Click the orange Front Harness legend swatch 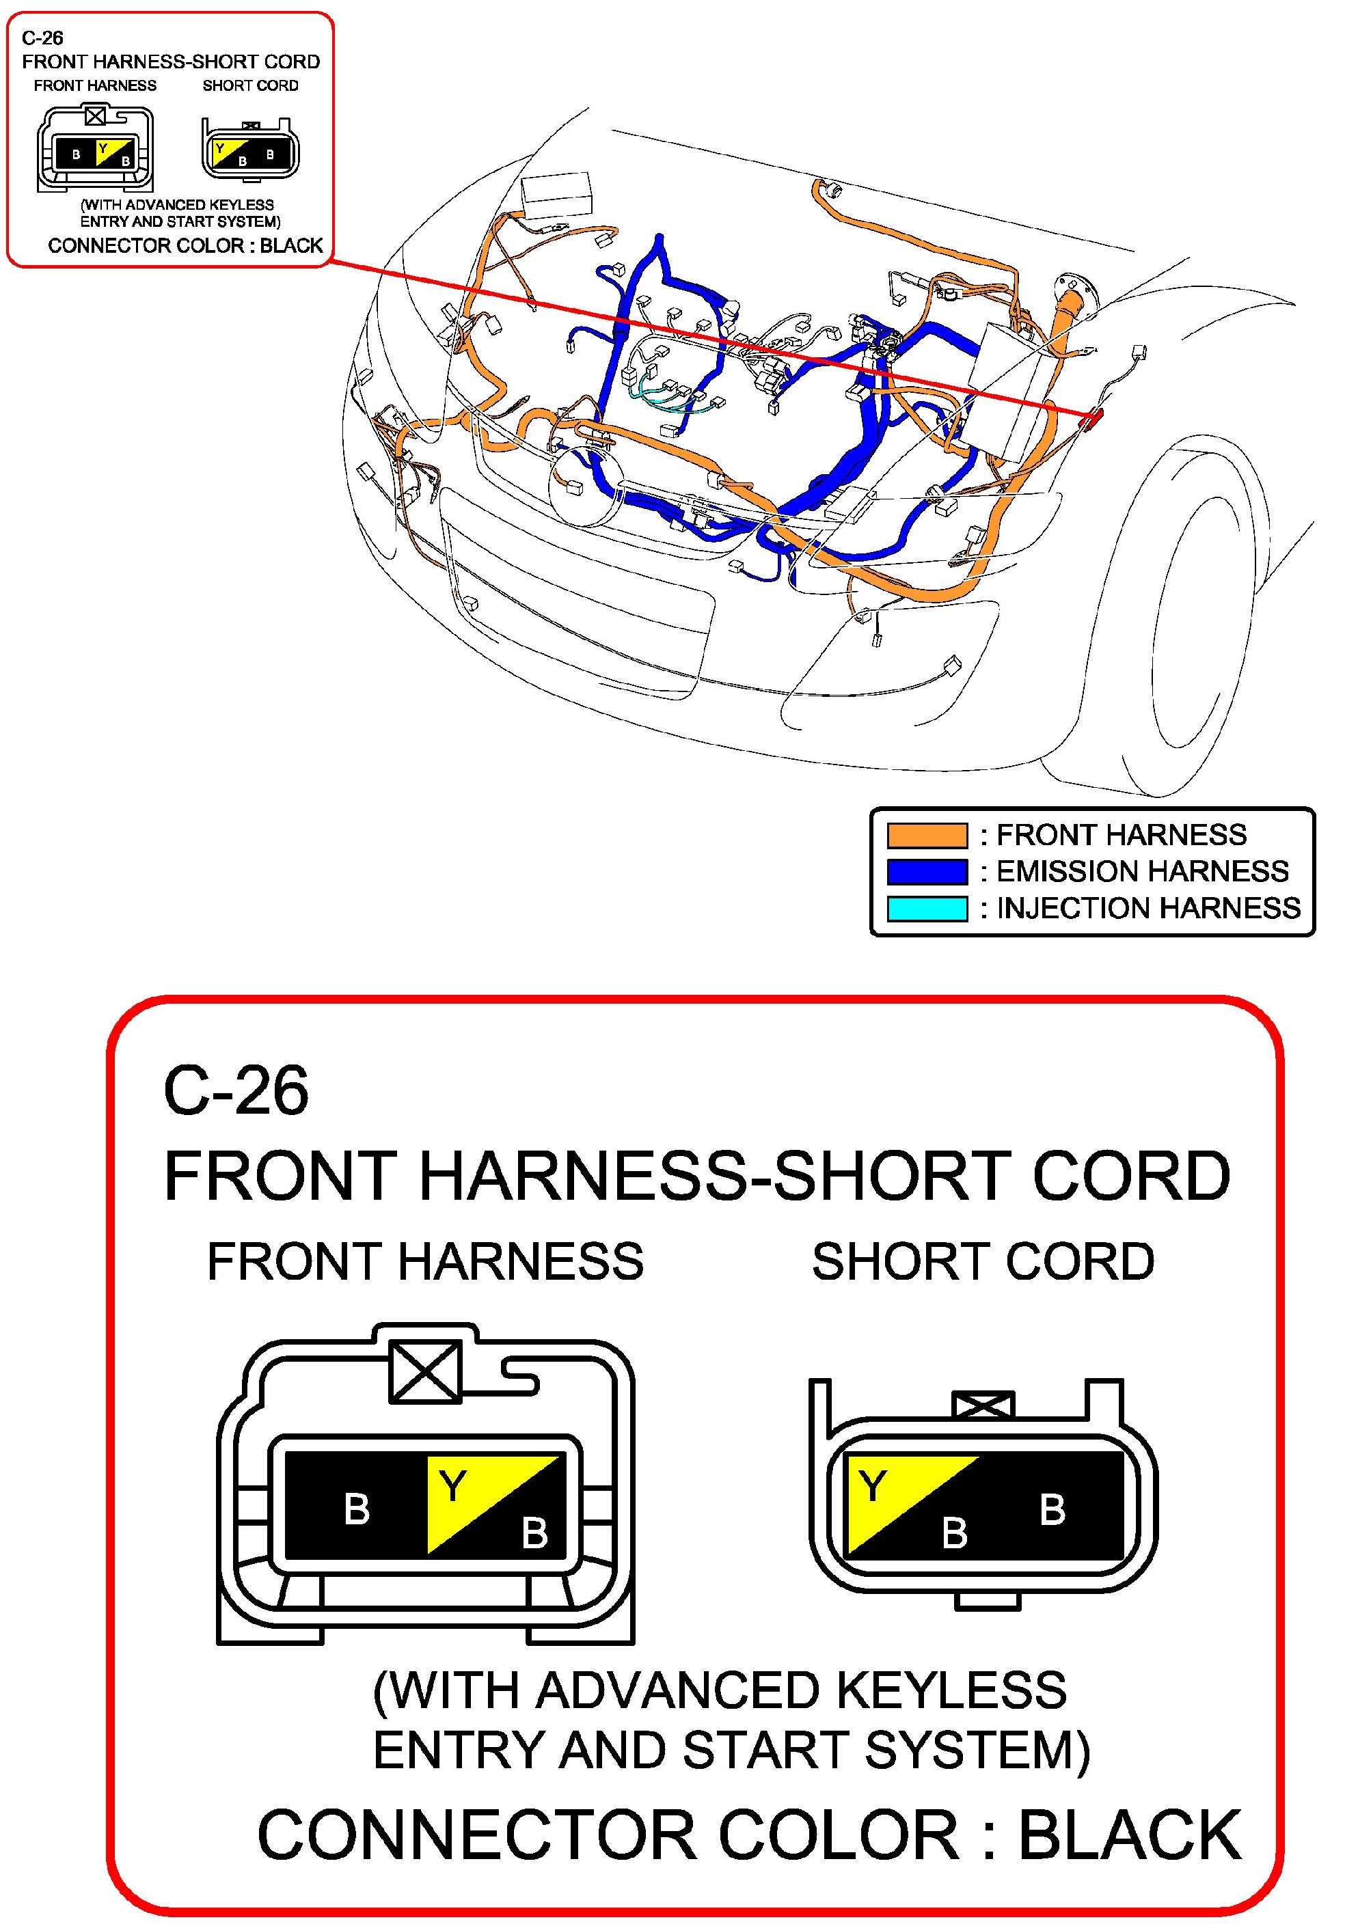pos(927,835)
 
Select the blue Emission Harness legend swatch pos(927,872)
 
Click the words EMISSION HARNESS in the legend pos(1142,872)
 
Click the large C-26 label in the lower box pos(236,1090)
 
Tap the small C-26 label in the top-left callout pos(42,38)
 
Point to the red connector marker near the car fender pos(1093,420)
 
